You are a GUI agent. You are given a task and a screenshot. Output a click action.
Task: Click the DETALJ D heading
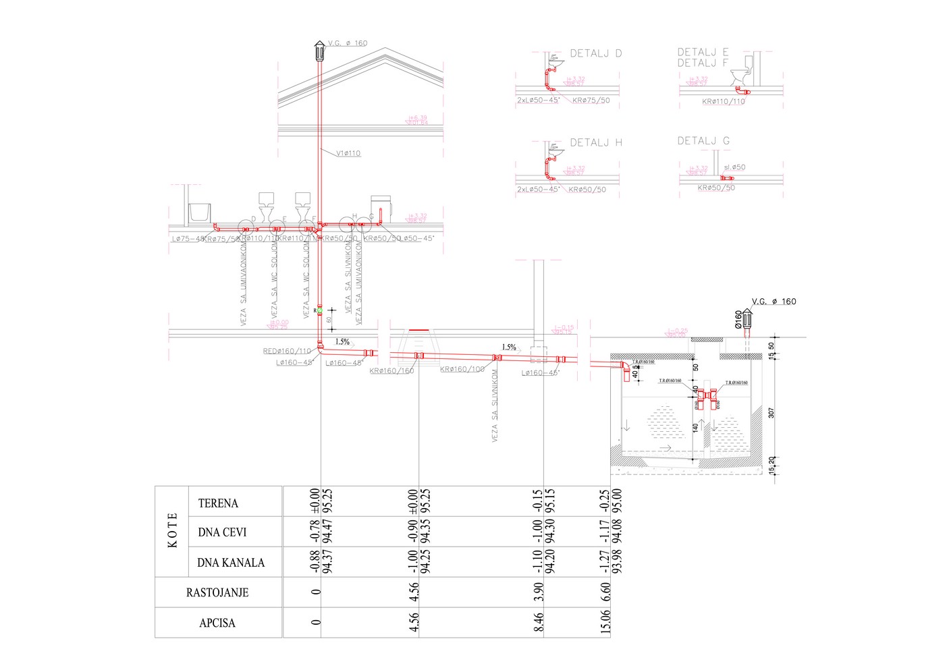click(x=596, y=53)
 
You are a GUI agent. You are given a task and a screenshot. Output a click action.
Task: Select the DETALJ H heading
click(x=596, y=142)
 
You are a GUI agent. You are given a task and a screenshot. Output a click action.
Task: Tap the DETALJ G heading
click(x=703, y=141)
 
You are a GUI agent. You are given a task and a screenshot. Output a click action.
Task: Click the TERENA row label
click(x=218, y=503)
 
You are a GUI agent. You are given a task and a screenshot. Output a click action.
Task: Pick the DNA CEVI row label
click(x=222, y=532)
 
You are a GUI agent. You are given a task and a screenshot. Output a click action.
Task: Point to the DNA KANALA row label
click(x=231, y=563)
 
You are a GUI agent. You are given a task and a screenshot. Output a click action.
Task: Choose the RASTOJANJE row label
click(x=217, y=593)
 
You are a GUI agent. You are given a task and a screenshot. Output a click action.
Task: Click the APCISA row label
click(x=217, y=623)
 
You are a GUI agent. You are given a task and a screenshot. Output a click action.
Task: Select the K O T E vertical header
click(x=172, y=531)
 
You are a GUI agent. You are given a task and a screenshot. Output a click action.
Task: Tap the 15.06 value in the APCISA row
click(x=605, y=622)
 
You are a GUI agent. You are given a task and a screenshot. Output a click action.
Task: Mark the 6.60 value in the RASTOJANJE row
click(x=605, y=592)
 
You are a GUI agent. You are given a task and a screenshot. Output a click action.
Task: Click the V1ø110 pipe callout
click(x=348, y=153)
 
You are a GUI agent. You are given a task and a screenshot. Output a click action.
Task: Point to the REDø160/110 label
click(x=287, y=351)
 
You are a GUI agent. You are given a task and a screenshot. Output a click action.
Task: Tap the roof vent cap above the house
click(x=319, y=51)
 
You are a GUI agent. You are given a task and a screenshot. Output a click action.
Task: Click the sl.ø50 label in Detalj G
click(x=734, y=167)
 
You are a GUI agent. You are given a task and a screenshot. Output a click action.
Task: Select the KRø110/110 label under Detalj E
click(x=723, y=102)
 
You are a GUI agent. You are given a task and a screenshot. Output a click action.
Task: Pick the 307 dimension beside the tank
click(x=772, y=412)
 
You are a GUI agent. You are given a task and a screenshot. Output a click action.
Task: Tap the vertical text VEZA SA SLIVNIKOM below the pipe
click(x=495, y=405)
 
